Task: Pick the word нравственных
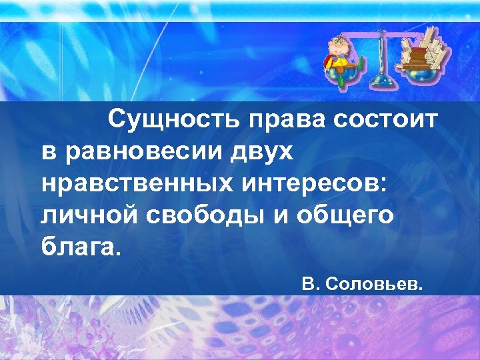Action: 126,183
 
